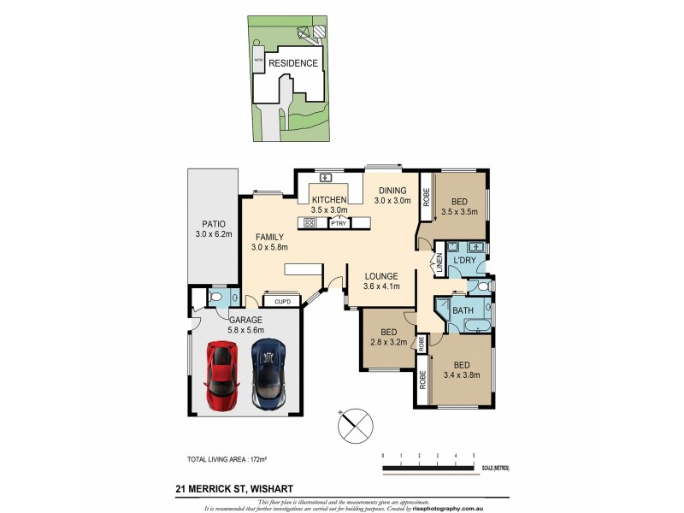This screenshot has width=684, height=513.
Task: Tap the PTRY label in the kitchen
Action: pos(338,223)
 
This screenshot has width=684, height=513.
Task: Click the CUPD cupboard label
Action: pos(282,301)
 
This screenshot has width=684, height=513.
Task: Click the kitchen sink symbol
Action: pos(326,178)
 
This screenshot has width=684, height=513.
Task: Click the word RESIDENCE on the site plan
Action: pos(293,63)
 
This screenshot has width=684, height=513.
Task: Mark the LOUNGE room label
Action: pos(381,276)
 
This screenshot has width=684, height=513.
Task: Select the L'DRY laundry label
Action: pos(464,259)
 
